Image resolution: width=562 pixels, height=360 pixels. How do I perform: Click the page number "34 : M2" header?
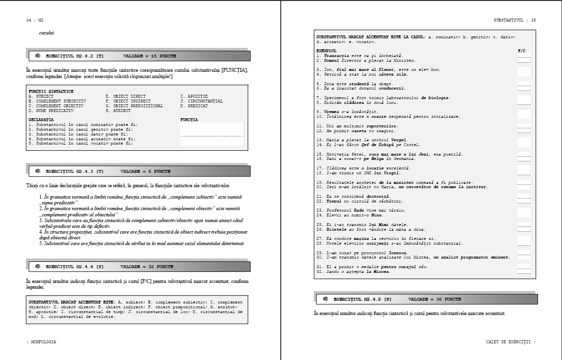tap(35, 21)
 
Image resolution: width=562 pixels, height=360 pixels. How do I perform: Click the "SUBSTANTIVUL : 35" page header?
tap(515, 21)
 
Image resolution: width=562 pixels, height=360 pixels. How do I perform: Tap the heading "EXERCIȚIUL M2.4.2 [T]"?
tap(75, 56)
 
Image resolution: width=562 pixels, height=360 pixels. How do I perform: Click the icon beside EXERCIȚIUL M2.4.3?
tap(38, 171)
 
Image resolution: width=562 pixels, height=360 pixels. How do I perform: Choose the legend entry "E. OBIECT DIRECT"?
tap(126, 96)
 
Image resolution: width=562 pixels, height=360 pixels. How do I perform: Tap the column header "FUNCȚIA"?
tap(189, 120)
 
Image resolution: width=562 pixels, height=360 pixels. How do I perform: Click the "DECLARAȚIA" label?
tap(41, 120)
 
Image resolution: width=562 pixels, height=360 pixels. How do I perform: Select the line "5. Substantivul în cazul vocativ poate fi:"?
tap(80, 144)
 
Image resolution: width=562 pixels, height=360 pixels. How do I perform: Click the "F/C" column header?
tap(522, 51)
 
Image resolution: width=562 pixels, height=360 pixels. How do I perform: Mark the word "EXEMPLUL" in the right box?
tap(327, 51)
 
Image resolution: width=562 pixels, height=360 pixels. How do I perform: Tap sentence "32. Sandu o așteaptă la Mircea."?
tap(353, 272)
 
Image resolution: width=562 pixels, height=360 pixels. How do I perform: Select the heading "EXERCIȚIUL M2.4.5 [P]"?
tap(362, 299)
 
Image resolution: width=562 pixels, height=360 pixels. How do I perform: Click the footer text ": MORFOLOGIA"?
tap(41, 342)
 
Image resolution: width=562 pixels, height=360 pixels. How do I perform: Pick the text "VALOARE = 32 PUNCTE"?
tap(147, 266)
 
